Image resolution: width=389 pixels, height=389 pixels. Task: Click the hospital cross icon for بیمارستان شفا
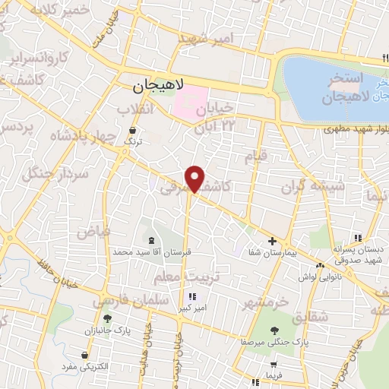(x=272, y=240)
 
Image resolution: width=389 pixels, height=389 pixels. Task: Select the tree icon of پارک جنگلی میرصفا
(x=274, y=330)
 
